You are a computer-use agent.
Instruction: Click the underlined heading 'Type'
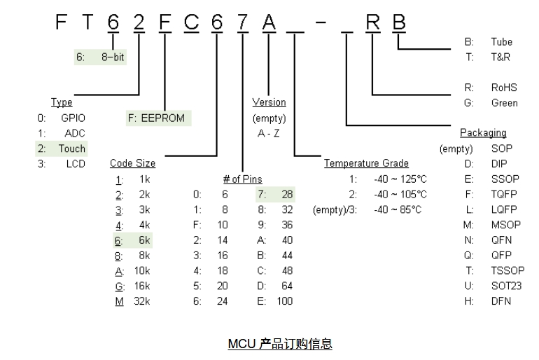[x=62, y=103]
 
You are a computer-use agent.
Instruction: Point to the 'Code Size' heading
[x=133, y=164]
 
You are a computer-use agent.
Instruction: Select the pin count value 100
[x=283, y=301]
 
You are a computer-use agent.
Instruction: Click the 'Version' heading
[x=269, y=103]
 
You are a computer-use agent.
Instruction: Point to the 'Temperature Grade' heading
[x=366, y=164]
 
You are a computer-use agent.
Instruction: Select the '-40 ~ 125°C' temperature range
[x=400, y=179]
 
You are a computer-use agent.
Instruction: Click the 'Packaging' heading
[x=483, y=133]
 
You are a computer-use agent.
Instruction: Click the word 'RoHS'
[x=504, y=88]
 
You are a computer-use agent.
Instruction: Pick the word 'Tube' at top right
[x=501, y=42]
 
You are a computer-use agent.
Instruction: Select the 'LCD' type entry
[x=76, y=164]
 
